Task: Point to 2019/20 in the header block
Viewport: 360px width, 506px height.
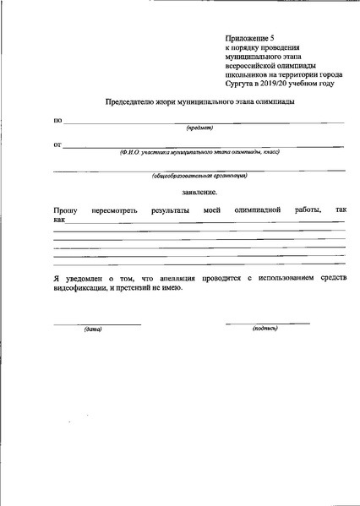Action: [289, 83]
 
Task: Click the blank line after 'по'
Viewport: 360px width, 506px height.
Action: [203, 122]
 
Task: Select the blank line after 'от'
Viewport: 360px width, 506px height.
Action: [203, 147]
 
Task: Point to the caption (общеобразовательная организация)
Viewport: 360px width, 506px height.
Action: [199, 176]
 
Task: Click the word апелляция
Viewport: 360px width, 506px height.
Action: [169, 278]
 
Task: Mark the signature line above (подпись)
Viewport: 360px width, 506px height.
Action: [267, 324]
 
